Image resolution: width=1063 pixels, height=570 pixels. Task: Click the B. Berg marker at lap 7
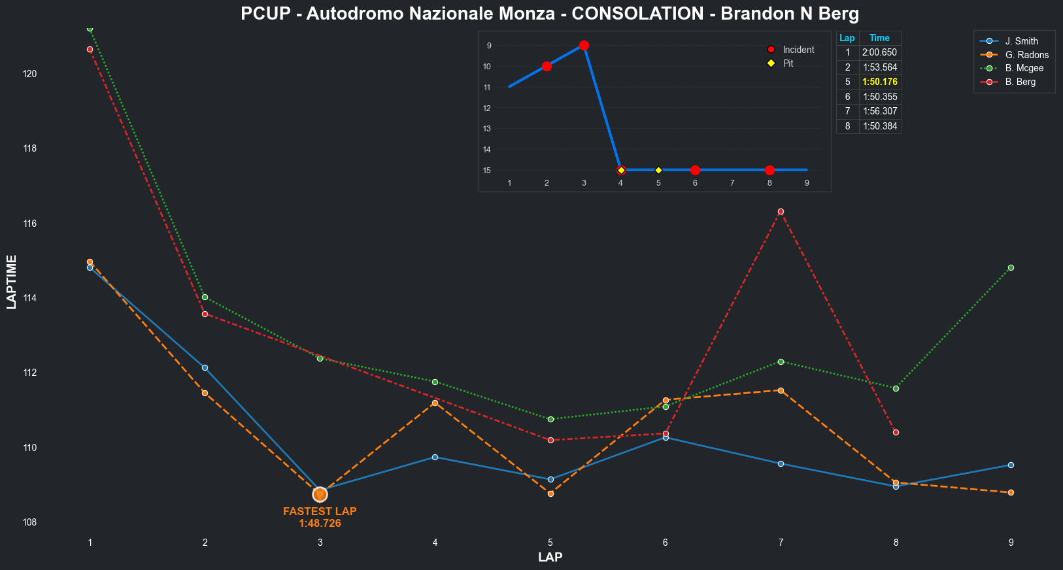coord(781,211)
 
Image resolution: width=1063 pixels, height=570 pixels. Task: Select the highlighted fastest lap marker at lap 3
coord(320,494)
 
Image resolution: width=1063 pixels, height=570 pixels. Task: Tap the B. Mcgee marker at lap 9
coord(1011,267)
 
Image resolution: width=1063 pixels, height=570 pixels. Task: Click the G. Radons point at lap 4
coord(435,403)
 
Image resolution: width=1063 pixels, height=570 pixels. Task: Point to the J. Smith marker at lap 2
coord(205,367)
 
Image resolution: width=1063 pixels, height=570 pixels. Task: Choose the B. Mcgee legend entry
coord(1024,68)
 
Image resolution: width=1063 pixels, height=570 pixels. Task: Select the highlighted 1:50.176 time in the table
coord(880,82)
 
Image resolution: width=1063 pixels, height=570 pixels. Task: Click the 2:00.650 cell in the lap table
coord(880,52)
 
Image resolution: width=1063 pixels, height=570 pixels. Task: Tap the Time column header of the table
coord(879,38)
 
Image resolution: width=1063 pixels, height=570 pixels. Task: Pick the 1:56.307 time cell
coord(880,111)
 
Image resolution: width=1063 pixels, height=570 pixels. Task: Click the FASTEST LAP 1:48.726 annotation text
coord(320,517)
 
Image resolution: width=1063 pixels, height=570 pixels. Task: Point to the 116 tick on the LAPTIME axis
coord(29,224)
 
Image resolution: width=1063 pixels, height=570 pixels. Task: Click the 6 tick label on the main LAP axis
coord(665,542)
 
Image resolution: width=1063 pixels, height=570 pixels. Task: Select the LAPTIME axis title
coord(11,282)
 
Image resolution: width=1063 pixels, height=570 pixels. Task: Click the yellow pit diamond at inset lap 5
coord(658,170)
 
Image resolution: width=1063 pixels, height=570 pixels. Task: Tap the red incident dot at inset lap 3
coord(584,45)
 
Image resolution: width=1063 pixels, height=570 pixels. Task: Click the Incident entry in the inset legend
coord(798,50)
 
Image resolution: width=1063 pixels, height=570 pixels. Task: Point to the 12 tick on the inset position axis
coord(487,108)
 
